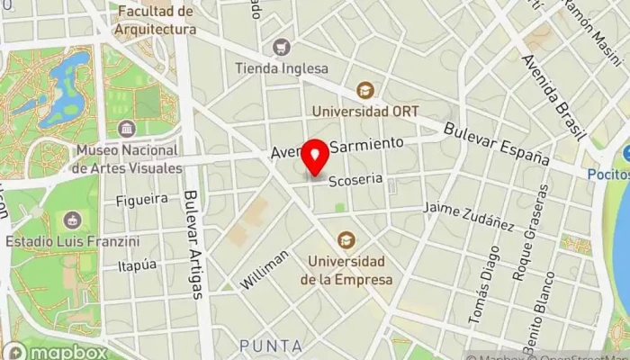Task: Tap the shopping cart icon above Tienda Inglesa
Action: [x=283, y=47]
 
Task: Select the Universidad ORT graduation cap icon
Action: [x=364, y=90]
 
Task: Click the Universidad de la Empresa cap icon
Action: [x=346, y=239]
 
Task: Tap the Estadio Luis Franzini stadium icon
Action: [x=71, y=220]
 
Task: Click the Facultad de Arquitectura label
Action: [x=156, y=20]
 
